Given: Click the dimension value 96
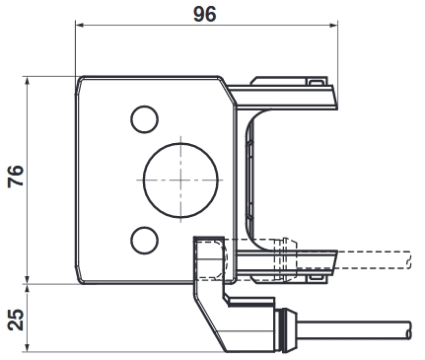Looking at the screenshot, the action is [x=204, y=15].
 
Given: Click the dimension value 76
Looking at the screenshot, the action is [x=16, y=176].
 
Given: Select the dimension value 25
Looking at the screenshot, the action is [x=16, y=320].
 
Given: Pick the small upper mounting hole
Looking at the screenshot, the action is [x=144, y=119].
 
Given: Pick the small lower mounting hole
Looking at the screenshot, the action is [x=144, y=240].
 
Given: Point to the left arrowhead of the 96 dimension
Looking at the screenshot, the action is [x=79, y=25].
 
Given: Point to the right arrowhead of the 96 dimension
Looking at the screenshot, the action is [x=334, y=25].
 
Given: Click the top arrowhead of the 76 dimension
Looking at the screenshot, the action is [x=28, y=80].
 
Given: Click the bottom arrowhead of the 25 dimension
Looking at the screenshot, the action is [x=28, y=348].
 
